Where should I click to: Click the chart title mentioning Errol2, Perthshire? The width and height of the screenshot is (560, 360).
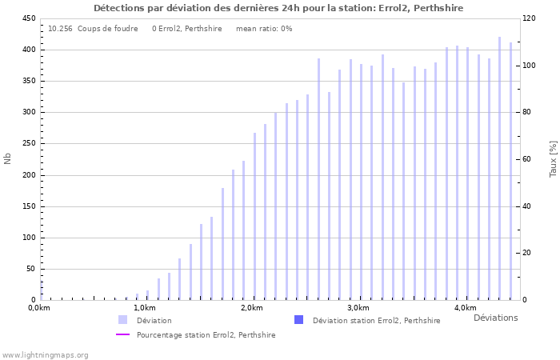[x=278, y=8]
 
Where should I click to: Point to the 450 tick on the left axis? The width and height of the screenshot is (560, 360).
[x=28, y=18]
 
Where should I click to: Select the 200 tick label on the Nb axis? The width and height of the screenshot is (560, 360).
[x=28, y=175]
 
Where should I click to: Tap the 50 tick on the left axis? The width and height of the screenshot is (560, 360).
[x=30, y=269]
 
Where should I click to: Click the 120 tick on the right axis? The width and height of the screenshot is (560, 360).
[x=529, y=18]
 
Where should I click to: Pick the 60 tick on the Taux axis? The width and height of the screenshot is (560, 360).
[x=526, y=159]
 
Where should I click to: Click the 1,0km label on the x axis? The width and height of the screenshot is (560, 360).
[x=144, y=308]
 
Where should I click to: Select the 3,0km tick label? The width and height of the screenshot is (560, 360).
[x=358, y=308]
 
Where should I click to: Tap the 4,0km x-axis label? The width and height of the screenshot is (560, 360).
[x=465, y=308]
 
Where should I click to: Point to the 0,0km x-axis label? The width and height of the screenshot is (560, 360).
[x=39, y=308]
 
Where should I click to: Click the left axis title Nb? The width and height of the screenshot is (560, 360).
[x=8, y=159]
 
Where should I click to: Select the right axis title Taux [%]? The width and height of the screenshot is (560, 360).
[x=553, y=159]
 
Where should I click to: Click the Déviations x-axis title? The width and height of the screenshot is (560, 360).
[x=495, y=318]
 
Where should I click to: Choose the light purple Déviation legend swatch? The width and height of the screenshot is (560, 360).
[x=122, y=320]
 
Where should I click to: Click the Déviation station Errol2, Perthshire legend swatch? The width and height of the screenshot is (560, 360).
[x=298, y=320]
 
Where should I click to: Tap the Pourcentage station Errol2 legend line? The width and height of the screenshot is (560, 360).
[x=122, y=334]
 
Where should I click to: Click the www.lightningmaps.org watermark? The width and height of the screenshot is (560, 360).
[x=45, y=354]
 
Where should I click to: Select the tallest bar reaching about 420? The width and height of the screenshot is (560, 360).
[x=500, y=168]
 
